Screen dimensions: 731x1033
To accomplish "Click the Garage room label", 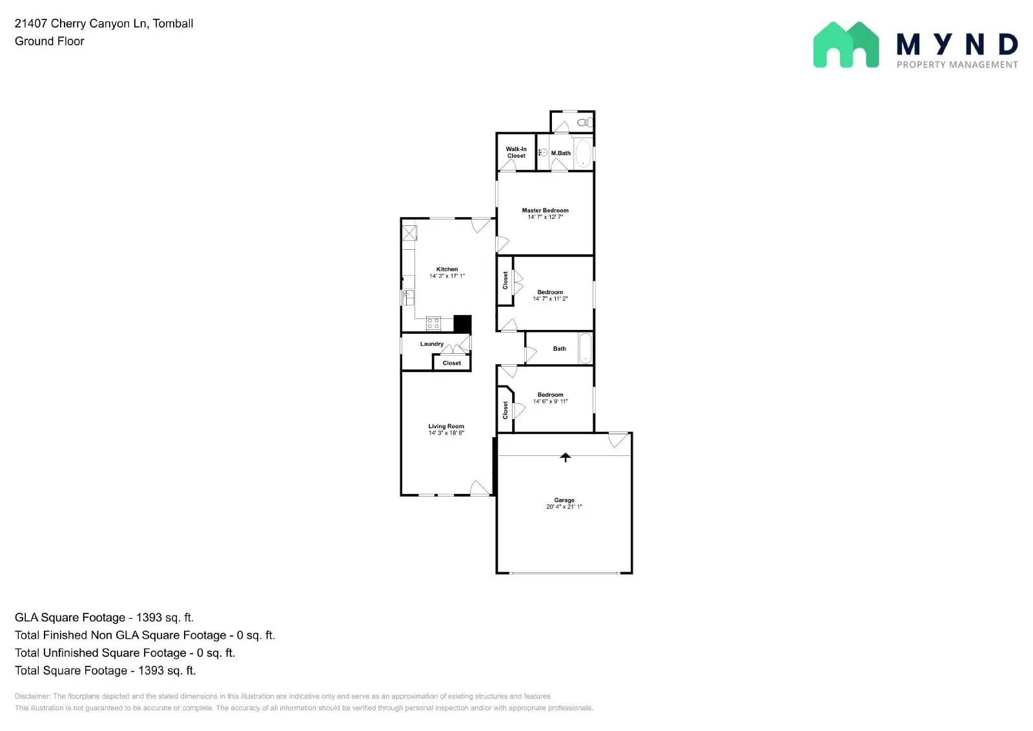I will pyautogui.click(x=564, y=500).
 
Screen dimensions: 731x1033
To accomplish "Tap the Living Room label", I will pyautogui.click(x=446, y=426).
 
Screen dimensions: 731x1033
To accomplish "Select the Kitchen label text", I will pyautogui.click(x=447, y=269).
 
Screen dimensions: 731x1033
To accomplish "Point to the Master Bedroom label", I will pyautogui.click(x=545, y=211).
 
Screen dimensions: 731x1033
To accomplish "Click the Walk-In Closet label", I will pyautogui.click(x=516, y=152).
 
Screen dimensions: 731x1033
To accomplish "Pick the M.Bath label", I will pyautogui.click(x=561, y=153).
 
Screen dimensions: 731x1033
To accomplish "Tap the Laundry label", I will pyautogui.click(x=432, y=344).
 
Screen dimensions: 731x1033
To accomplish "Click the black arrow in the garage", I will pyautogui.click(x=566, y=457).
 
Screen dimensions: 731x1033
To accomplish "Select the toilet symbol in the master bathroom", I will pyautogui.click(x=584, y=122).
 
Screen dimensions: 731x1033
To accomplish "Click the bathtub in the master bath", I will pyautogui.click(x=583, y=153).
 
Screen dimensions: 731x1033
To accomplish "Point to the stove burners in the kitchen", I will pyautogui.click(x=433, y=324).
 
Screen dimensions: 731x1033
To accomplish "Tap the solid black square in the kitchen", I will pyautogui.click(x=462, y=324).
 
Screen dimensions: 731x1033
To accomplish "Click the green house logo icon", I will pyautogui.click(x=846, y=45).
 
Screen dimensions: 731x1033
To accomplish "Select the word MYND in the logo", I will pyautogui.click(x=957, y=45).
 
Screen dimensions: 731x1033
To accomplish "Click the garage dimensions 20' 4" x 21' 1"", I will pyautogui.click(x=564, y=507).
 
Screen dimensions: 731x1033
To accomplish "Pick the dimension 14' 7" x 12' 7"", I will pyautogui.click(x=545, y=217).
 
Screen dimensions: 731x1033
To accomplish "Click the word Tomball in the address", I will pyautogui.click(x=173, y=23).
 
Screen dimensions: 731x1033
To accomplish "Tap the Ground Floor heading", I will pyautogui.click(x=50, y=41).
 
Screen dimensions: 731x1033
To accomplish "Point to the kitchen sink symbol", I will pyautogui.click(x=408, y=297).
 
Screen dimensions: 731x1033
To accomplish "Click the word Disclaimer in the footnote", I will pyautogui.click(x=32, y=696).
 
